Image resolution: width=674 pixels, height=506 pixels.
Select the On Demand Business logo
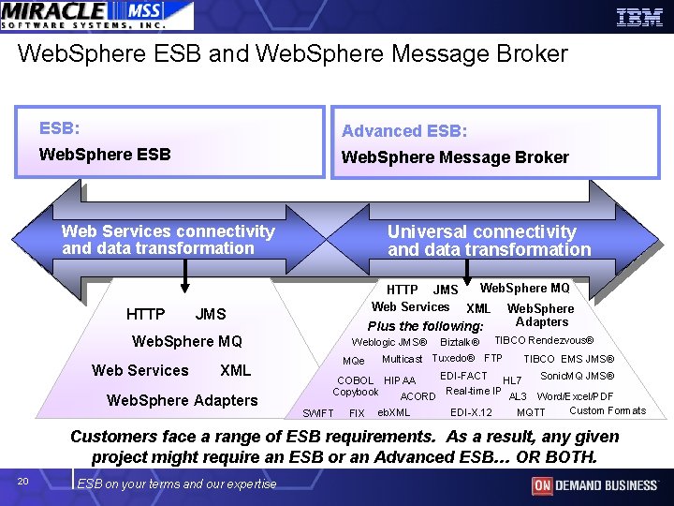coord(594,484)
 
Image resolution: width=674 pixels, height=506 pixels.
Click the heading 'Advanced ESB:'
coord(404,131)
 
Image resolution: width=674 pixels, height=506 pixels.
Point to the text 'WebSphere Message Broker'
coord(455,157)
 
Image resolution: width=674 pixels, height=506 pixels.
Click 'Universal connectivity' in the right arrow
coord(482,231)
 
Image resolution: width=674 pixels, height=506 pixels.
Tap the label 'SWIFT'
coord(318,413)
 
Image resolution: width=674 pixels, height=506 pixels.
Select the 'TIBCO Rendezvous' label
coord(544,340)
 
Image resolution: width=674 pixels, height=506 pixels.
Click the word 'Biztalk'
coord(460,342)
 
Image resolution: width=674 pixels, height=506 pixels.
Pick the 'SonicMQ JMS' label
coord(578,376)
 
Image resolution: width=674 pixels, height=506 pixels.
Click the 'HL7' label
coord(512,380)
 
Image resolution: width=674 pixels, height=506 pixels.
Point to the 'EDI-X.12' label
coord(471,412)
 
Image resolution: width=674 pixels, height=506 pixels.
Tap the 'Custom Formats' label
coord(608,410)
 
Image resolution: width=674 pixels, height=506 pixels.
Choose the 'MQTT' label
coord(531,412)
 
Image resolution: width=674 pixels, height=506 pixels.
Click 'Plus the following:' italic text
coord(425,326)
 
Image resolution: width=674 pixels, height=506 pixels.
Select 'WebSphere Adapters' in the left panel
coord(183,400)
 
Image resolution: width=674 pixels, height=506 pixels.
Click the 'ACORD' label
coord(418,396)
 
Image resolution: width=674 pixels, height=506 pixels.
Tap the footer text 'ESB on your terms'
coord(177,484)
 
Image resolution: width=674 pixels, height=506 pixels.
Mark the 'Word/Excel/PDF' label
coord(575,396)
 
